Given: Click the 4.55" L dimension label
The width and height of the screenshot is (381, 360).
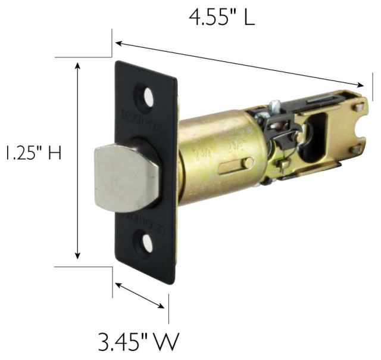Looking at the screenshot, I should [x=221, y=16].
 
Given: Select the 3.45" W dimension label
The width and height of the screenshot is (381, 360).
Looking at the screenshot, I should [x=138, y=342].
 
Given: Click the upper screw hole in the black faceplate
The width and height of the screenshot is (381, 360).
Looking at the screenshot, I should [x=145, y=97].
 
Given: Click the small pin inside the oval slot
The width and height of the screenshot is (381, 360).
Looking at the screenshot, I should [x=245, y=163].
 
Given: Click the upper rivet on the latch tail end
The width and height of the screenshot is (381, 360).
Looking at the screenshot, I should [x=358, y=108].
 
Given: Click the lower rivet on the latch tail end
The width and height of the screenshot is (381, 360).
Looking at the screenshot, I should [x=356, y=150].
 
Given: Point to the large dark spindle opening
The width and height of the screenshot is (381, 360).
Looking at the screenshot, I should [x=311, y=138].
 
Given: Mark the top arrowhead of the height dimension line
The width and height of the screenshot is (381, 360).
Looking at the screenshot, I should [x=77, y=64].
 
